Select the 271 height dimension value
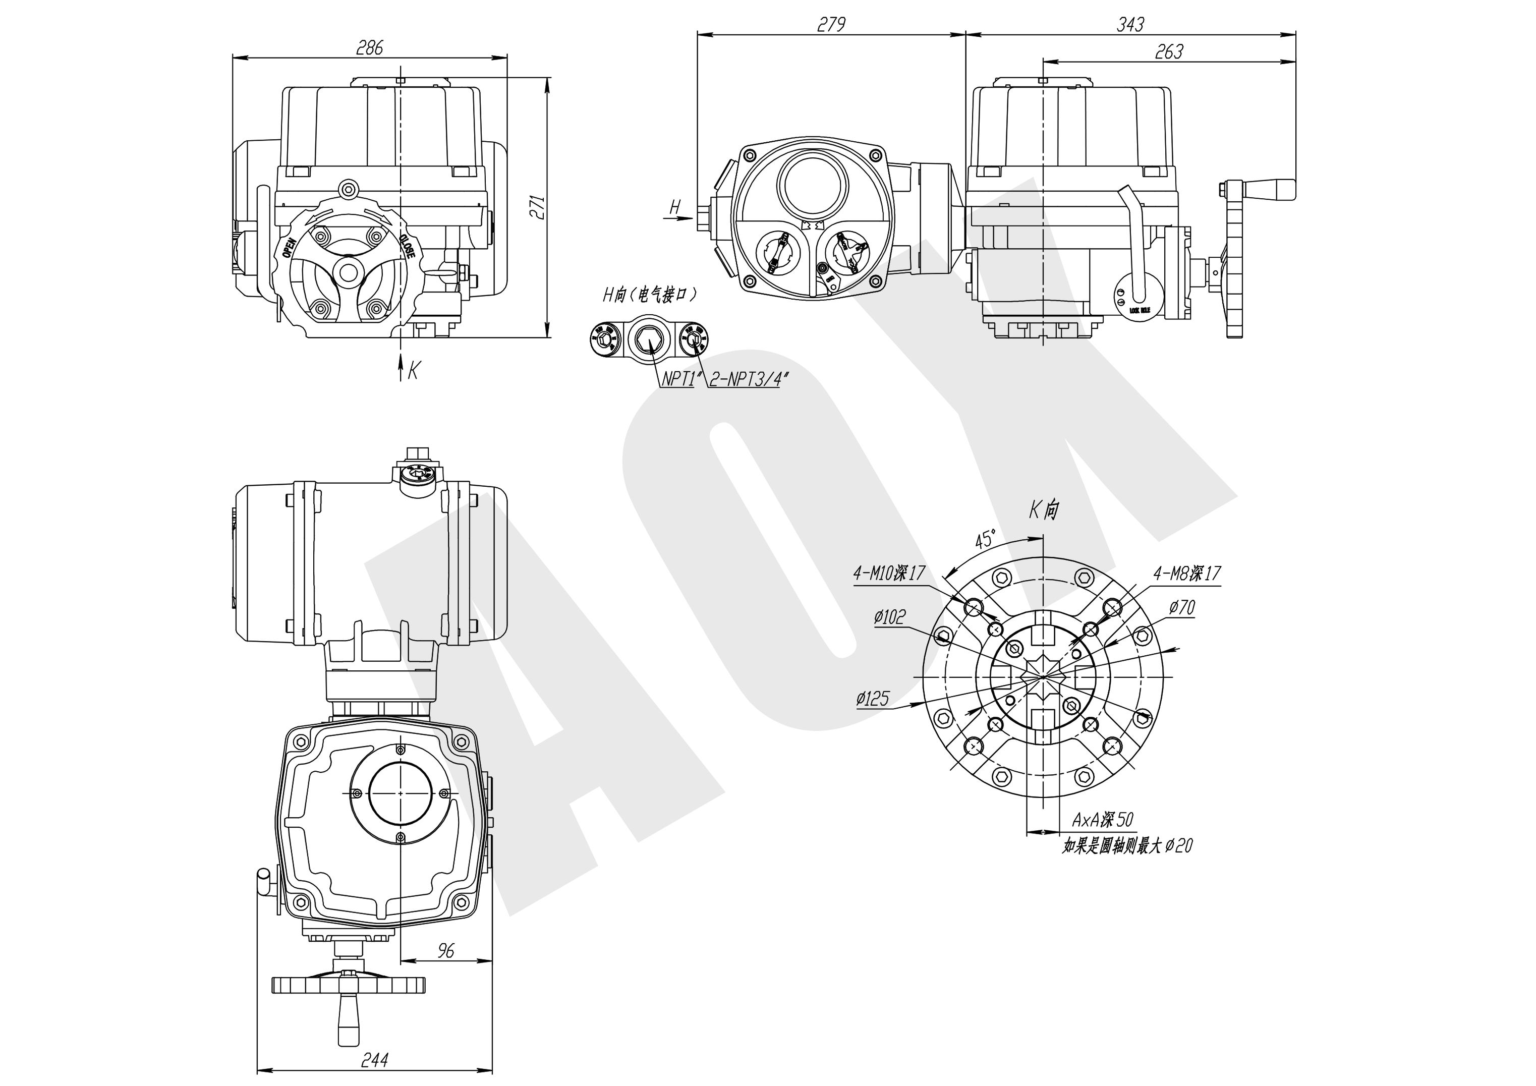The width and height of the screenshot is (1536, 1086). click(538, 207)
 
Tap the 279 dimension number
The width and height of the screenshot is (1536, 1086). click(831, 24)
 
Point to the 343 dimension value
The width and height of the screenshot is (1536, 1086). click(1130, 24)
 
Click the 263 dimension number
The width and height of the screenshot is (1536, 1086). click(1169, 51)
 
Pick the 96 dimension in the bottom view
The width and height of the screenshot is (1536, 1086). click(445, 950)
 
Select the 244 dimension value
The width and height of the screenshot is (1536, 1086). click(375, 1060)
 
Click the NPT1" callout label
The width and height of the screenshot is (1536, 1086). click(679, 379)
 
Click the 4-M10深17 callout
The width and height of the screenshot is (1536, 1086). click(888, 573)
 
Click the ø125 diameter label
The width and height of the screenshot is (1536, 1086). click(872, 699)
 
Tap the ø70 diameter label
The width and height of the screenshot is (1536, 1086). click(1182, 608)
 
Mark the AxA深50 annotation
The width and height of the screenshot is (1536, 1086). click(1103, 820)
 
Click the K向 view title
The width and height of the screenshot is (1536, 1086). click(1044, 510)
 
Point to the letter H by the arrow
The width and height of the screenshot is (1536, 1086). click(675, 207)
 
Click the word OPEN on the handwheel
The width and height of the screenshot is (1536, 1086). click(289, 247)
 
